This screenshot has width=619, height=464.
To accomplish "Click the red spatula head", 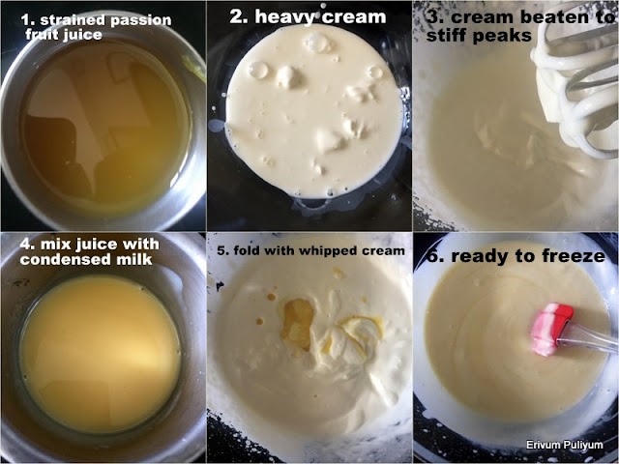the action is pos(552,329).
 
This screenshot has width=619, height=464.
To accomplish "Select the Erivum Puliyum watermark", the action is pos(565,445).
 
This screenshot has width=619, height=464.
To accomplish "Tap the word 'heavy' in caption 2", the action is pos(284,17).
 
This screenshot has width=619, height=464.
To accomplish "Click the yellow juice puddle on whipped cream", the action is pos(298,324).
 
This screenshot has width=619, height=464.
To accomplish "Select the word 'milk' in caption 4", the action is pos(134,259).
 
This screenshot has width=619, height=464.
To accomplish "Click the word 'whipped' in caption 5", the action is pos(323,251).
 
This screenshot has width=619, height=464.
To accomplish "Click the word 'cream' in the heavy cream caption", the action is pos(353,17).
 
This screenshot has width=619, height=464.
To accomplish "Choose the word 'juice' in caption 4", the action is pos(97,245).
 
